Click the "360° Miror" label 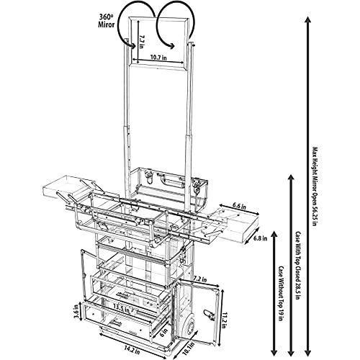[x=106, y=20]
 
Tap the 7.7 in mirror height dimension [x=141, y=42]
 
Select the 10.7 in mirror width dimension [x=158, y=58]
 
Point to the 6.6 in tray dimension [x=240, y=206]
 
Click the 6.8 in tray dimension [x=261, y=238]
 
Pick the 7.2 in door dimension [x=200, y=279]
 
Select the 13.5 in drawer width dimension [x=121, y=309]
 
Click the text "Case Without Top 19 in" [x=281, y=293]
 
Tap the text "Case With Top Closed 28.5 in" [x=298, y=266]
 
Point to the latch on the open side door [x=207, y=315]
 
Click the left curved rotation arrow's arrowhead [x=131, y=45]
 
